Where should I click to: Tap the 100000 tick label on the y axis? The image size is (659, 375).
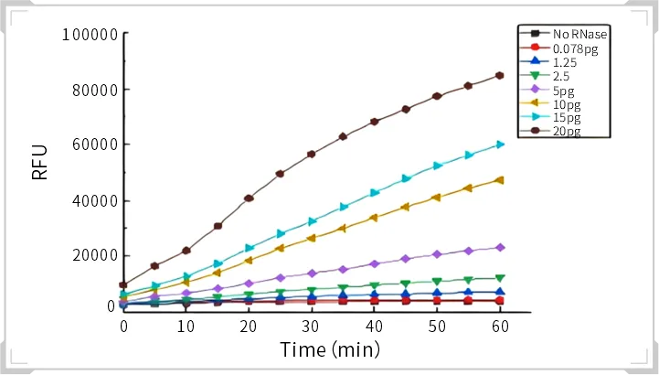(x=89, y=35)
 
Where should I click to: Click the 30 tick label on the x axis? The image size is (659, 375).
(x=312, y=326)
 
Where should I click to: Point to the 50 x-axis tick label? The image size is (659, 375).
(x=437, y=326)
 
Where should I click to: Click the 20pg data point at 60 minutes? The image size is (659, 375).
(x=500, y=76)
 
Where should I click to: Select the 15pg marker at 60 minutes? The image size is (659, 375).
(x=500, y=145)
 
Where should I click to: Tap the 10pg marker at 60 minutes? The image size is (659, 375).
(x=500, y=180)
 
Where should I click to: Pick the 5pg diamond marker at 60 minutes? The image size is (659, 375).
(x=500, y=248)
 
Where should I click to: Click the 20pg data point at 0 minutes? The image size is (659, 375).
(x=124, y=284)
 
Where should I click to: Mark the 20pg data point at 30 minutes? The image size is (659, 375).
(x=312, y=154)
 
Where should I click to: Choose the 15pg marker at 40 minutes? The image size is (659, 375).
(x=374, y=193)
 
